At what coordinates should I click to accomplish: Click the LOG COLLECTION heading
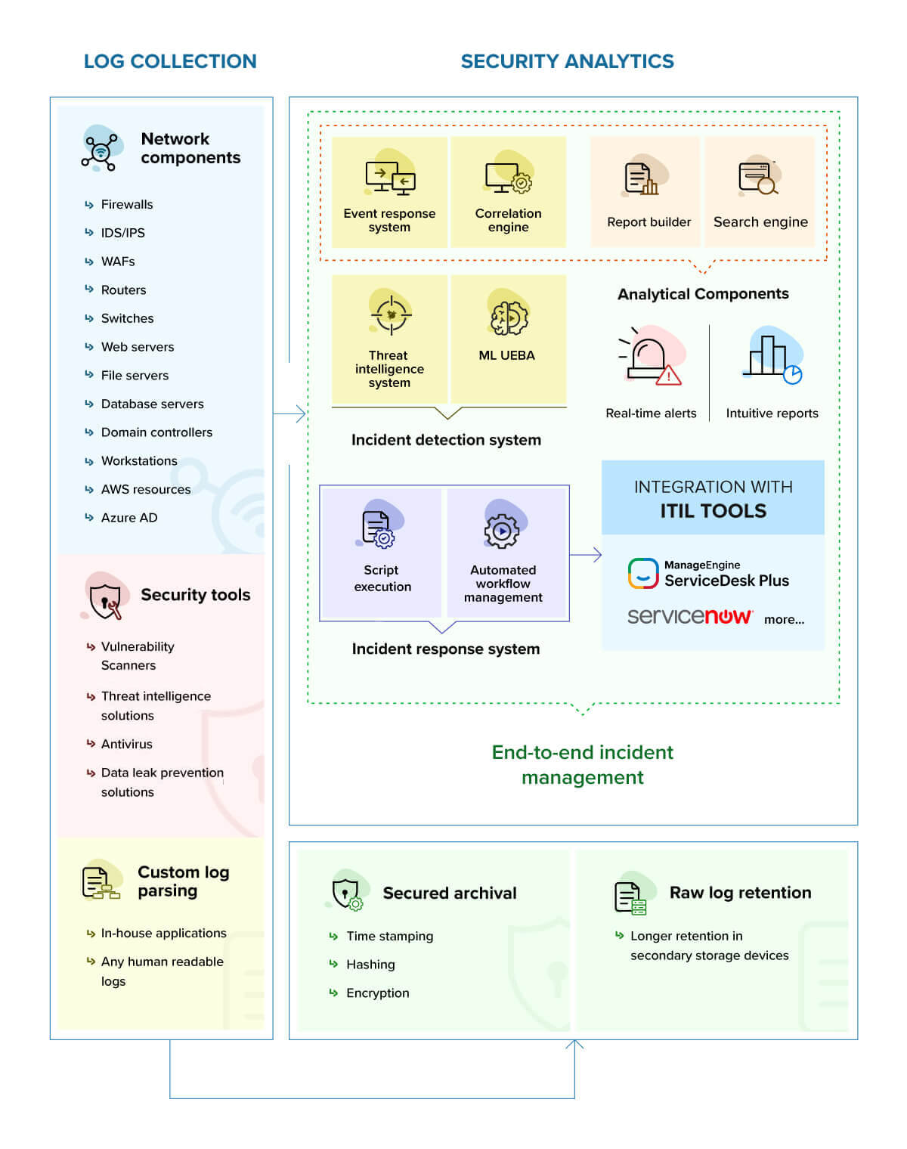coord(170,61)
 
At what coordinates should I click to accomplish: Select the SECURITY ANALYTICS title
coord(567,61)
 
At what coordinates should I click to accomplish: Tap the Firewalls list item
coord(126,204)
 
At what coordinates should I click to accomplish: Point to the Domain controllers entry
coord(156,432)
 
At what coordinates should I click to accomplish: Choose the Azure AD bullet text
coord(129,518)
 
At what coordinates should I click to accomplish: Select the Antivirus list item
coord(126,744)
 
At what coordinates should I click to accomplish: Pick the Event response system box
coord(389,192)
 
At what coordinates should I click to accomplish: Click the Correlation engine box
coord(508,192)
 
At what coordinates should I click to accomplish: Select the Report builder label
coord(649,222)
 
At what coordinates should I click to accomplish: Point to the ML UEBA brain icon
coord(508,317)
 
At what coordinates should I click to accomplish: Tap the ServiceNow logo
coord(689,617)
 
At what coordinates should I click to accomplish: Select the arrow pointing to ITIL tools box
coord(586,555)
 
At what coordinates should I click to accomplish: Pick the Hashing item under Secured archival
coord(370,965)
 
